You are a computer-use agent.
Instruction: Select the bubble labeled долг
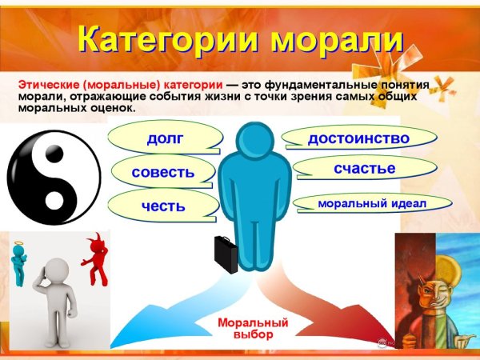(x=165, y=138)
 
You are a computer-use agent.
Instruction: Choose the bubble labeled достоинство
(x=358, y=138)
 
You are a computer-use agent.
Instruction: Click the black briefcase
(x=224, y=254)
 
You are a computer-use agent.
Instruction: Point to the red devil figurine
(x=96, y=260)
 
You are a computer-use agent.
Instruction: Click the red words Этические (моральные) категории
(x=120, y=84)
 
